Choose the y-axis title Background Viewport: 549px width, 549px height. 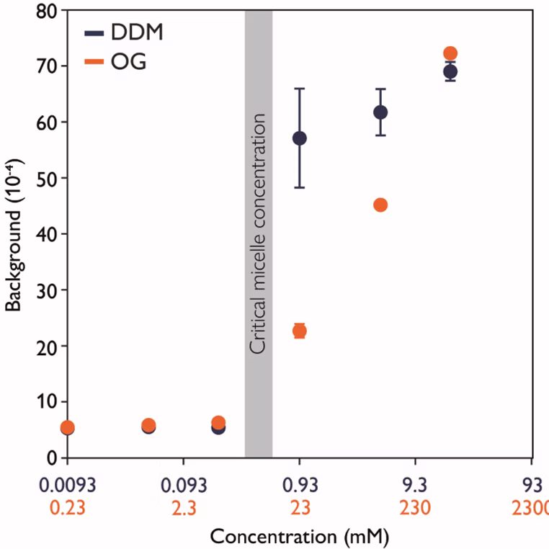pyautogui.click(x=13, y=234)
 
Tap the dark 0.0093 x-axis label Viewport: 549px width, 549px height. pyautogui.click(x=67, y=483)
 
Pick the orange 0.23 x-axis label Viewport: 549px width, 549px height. pyautogui.click(x=67, y=507)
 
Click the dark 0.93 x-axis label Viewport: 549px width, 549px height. pyautogui.click(x=300, y=483)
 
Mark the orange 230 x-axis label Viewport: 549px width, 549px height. pyautogui.click(x=416, y=507)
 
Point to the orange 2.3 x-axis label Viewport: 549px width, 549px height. pyautogui.click(x=184, y=507)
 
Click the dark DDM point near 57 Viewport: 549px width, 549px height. pyautogui.click(x=300, y=138)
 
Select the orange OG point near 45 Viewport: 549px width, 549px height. pyautogui.click(x=380, y=205)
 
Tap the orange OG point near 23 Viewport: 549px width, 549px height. pyautogui.click(x=300, y=331)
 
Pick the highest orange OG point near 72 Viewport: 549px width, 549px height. pyautogui.click(x=450, y=53)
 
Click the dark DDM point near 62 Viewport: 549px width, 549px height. pyautogui.click(x=380, y=112)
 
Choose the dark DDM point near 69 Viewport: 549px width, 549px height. pyautogui.click(x=450, y=71)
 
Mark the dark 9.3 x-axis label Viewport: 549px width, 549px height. pyautogui.click(x=416, y=483)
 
